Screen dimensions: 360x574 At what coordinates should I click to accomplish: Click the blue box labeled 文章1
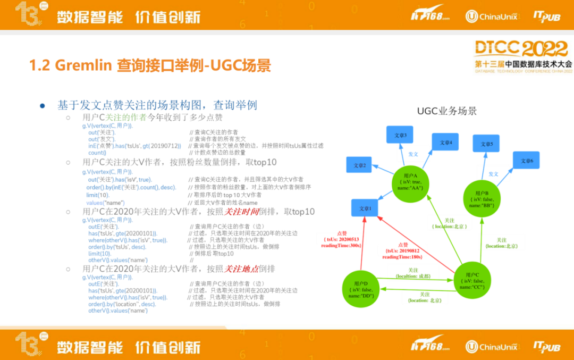tap(365, 208)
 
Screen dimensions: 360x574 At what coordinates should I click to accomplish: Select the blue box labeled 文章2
tap(360, 165)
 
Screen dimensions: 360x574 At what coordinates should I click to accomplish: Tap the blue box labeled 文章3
tap(400, 136)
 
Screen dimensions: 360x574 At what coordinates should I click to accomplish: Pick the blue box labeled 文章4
tap(445, 142)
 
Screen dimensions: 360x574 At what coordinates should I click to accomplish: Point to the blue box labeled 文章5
tap(486, 144)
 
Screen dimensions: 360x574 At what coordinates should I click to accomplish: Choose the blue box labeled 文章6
tap(526, 161)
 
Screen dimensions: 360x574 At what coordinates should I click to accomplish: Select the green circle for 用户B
tap(482, 198)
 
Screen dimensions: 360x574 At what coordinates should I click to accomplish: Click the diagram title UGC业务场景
tap(446, 111)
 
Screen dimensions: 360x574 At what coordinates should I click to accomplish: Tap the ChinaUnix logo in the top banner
tap(492, 16)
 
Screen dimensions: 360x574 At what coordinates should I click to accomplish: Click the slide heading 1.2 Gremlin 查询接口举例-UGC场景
tap(150, 65)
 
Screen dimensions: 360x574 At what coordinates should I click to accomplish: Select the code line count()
tap(97, 153)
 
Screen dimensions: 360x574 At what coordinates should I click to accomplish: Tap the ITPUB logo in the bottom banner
tap(546, 346)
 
